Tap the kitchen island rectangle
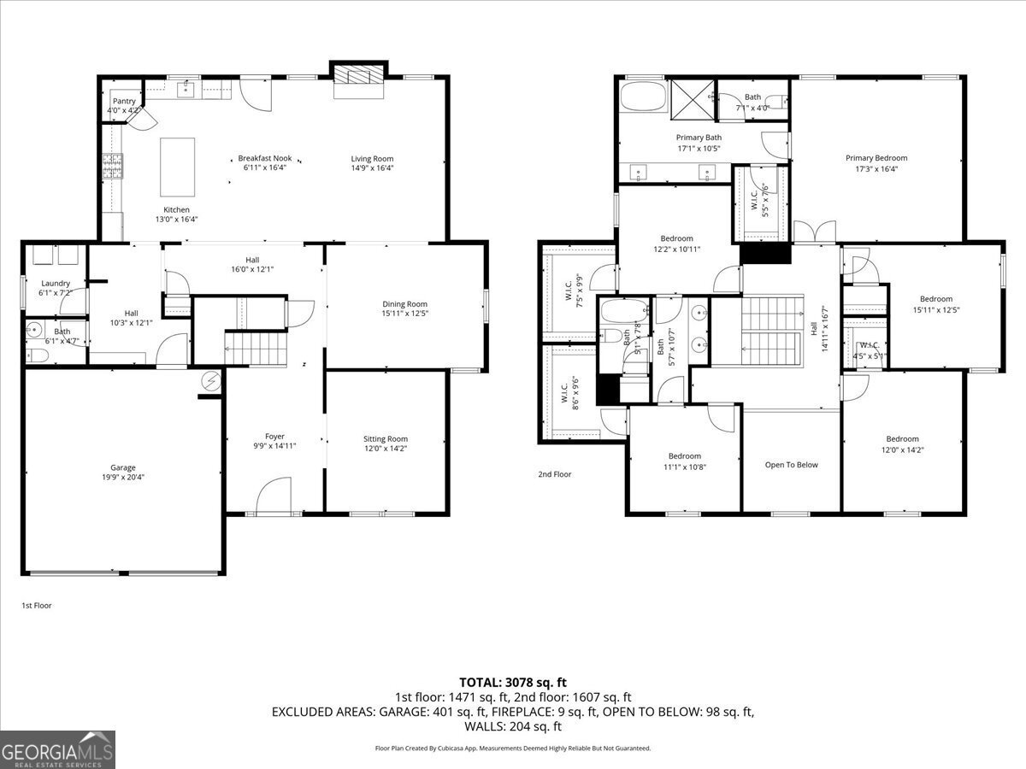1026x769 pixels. pyautogui.click(x=178, y=167)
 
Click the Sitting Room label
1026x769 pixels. pyautogui.click(x=386, y=439)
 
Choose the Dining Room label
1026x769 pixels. pyautogui.click(x=404, y=304)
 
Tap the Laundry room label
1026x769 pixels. pyautogui.click(x=56, y=284)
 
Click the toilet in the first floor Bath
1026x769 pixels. pyautogui.click(x=36, y=355)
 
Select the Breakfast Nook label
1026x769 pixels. pyautogui.click(x=264, y=158)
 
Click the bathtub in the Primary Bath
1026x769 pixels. pyautogui.click(x=642, y=97)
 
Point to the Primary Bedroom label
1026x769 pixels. pyautogui.click(x=876, y=158)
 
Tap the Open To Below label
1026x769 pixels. pyautogui.click(x=791, y=465)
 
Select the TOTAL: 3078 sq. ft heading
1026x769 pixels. pyautogui.click(x=513, y=682)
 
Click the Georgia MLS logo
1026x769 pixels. pyautogui.click(x=57, y=749)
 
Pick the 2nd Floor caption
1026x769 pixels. pyautogui.click(x=555, y=474)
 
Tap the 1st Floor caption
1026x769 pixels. pyautogui.click(x=37, y=605)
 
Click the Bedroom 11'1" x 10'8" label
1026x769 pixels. pyautogui.click(x=684, y=456)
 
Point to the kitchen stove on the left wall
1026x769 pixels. pyautogui.click(x=113, y=164)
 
